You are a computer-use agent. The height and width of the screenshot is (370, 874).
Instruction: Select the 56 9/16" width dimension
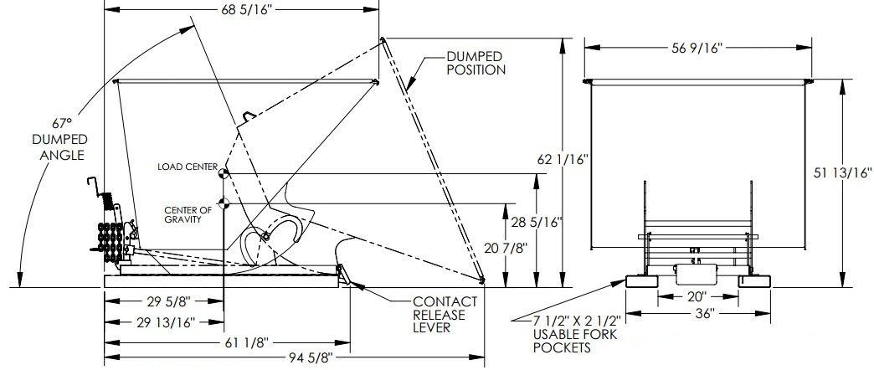(x=698, y=48)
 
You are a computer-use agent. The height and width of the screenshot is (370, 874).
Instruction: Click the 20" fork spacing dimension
(x=697, y=296)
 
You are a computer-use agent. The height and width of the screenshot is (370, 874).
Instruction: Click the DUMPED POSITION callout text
(x=475, y=63)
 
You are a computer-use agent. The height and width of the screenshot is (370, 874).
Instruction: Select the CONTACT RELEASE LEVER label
(x=445, y=315)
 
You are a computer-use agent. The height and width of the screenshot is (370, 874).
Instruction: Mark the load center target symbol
(x=224, y=173)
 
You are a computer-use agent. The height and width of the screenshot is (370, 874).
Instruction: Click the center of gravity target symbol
(x=224, y=202)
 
